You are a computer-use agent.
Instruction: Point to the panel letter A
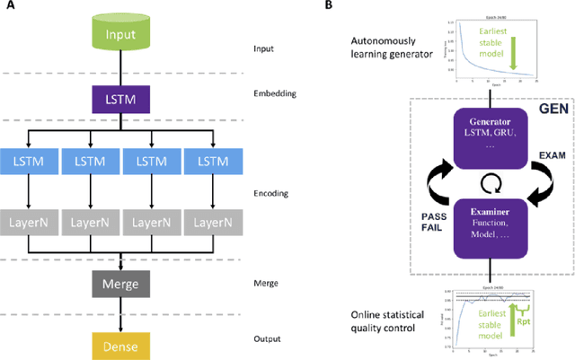click(x=6, y=6)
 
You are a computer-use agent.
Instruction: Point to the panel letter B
click(x=330, y=6)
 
